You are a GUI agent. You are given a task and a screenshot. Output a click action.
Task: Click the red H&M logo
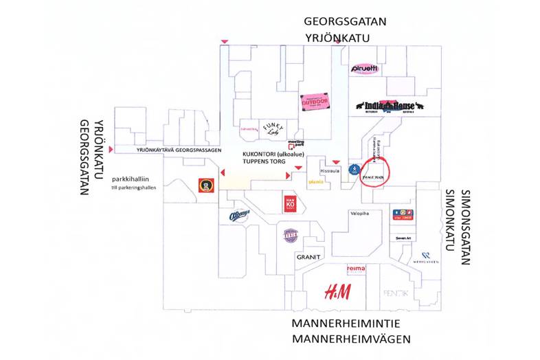click(337, 291)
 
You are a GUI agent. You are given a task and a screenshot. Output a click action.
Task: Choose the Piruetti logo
click(364, 69)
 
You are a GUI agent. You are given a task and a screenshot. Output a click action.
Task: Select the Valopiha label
click(359, 214)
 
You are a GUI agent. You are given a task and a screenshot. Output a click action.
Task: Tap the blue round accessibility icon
click(354, 168)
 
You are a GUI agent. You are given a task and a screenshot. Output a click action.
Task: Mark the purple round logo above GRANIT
click(291, 236)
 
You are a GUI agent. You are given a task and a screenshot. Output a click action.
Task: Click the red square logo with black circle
click(204, 184)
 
